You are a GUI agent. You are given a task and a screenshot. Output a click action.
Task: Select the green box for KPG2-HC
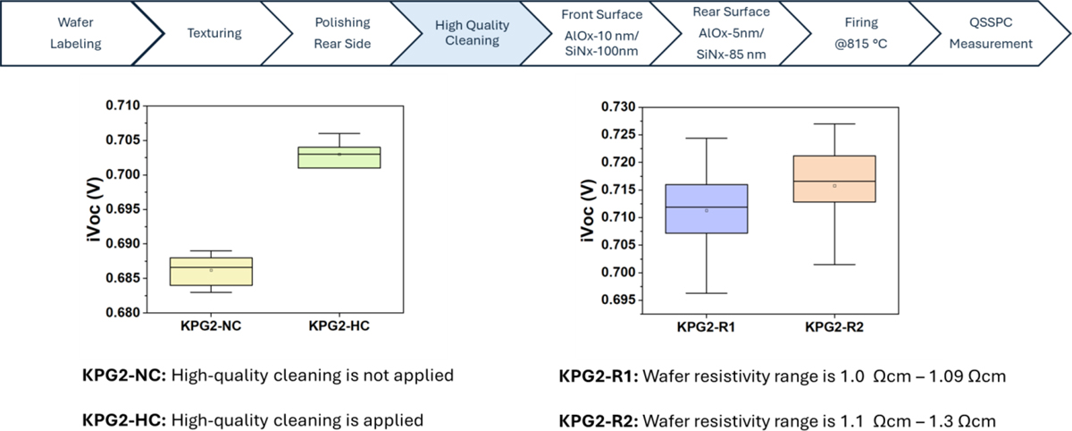pos(339,157)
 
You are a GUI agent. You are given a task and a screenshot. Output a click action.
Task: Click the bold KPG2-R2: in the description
pos(597,418)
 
